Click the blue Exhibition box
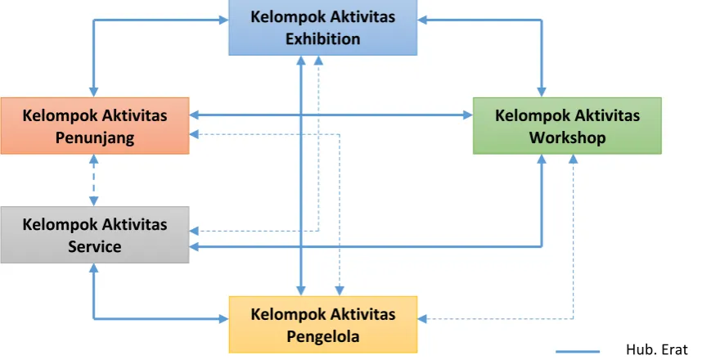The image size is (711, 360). (322, 28)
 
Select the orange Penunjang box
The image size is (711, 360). (95, 126)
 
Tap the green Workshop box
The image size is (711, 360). (567, 126)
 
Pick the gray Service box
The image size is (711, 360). (95, 235)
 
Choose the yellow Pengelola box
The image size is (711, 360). (323, 324)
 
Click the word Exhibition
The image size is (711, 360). (323, 39)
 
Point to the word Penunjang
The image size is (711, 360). (95, 137)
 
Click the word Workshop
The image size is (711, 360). (567, 137)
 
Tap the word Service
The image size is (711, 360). (95, 246)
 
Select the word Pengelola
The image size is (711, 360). (323, 336)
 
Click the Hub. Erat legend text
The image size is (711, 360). (656, 349)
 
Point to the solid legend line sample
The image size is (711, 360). (578, 351)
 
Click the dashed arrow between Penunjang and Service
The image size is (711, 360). (94, 181)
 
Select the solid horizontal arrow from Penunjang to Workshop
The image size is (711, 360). (331, 115)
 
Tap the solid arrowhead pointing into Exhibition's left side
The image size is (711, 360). (223, 20)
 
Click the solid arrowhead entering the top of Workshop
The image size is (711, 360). (542, 92)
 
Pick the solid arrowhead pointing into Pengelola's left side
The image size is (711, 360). (223, 319)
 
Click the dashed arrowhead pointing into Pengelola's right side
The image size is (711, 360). (422, 319)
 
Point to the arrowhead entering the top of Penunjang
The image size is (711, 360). (94, 92)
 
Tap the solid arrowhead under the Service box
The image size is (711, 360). (94, 268)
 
